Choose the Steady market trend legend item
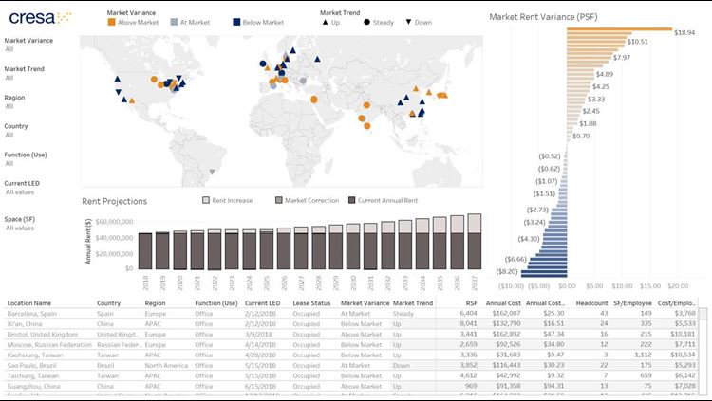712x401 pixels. click(379, 21)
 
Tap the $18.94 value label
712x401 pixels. click(685, 32)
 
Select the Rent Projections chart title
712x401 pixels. click(114, 201)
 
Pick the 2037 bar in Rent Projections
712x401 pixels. click(474, 241)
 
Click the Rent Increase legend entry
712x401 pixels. click(228, 201)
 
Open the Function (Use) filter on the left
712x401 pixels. click(28, 154)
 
